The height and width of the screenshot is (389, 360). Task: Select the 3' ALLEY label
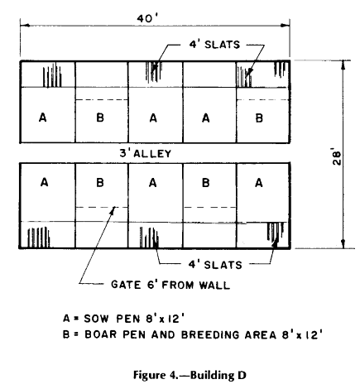pos(146,153)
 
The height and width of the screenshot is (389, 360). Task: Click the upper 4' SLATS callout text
pos(214,45)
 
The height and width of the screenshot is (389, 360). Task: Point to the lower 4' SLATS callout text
pos(215,265)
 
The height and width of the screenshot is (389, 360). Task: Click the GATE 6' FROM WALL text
pos(170,285)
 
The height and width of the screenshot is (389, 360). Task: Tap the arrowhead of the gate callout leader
pos(113,209)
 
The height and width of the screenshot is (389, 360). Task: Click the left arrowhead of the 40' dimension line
pos(25,26)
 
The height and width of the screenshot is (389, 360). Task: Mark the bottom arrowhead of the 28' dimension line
pos(343,244)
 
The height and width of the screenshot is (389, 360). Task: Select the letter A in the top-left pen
pos(43,118)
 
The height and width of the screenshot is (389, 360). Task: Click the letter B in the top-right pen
pos(259,118)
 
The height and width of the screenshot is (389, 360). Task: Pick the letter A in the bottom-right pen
pos(259,183)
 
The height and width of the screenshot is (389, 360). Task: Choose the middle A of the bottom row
pos(153,183)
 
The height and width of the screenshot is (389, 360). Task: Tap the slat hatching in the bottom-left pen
pos(38,238)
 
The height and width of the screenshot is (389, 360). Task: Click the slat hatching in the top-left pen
pos(52,75)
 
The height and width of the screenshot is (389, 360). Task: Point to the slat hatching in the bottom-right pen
pos(276,232)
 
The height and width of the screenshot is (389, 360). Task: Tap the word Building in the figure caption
pos(211,376)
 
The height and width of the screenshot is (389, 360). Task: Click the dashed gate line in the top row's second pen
pos(102,99)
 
